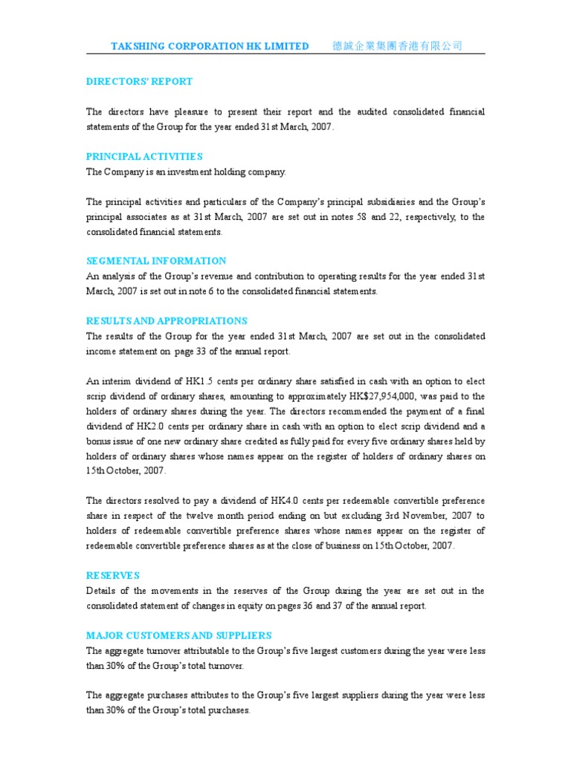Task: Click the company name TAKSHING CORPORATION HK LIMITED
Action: point(210,46)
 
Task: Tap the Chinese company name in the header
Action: point(396,46)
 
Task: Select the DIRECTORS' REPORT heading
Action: point(139,82)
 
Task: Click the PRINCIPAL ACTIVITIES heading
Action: point(144,157)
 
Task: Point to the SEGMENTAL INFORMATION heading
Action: point(156,261)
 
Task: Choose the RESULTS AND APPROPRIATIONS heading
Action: point(167,321)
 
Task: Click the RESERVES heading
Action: point(112,576)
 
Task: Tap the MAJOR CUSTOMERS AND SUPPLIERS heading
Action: point(178,635)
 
